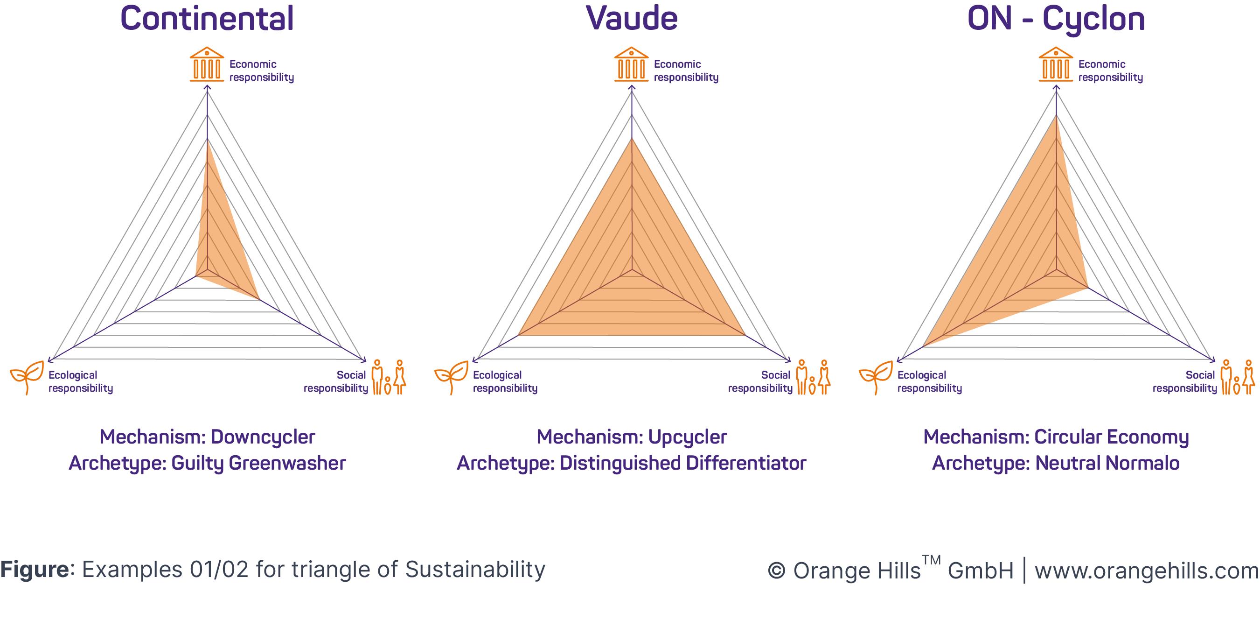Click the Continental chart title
point(207,19)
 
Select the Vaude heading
point(632,19)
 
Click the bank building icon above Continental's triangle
point(207,64)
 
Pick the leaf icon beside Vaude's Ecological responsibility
point(452,377)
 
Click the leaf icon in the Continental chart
point(27,377)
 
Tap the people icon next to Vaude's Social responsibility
point(813,377)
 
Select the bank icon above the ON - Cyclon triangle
point(1056,64)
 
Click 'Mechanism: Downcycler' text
point(208,437)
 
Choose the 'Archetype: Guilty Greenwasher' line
point(208,463)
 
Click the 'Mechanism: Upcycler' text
point(632,437)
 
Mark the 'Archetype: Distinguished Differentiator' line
point(632,463)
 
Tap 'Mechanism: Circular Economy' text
point(1056,437)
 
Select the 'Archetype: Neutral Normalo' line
point(1056,463)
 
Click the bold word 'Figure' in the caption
point(35,570)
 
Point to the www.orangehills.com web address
point(1147,571)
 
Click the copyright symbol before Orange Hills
point(776,571)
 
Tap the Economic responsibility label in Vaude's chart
point(686,70)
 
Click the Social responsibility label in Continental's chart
point(335,381)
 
